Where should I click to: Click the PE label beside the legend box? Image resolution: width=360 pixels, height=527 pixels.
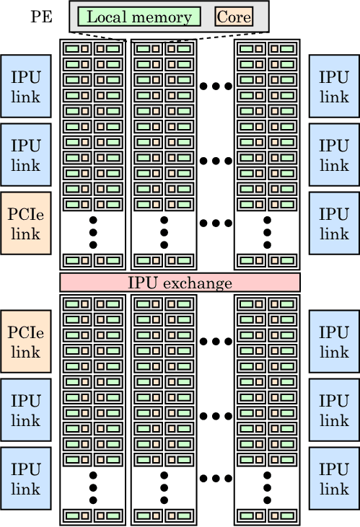[41, 17]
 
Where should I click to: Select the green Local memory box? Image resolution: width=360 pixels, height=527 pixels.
[139, 17]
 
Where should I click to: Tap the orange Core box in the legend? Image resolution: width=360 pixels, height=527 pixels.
[234, 17]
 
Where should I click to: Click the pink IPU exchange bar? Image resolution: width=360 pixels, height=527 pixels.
[180, 283]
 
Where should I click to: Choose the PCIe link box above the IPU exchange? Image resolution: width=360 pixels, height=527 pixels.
[26, 223]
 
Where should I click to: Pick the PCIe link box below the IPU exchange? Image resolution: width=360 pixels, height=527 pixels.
[26, 342]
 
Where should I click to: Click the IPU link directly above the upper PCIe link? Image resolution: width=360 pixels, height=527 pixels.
[26, 154]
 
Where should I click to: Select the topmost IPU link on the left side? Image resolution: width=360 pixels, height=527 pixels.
[26, 87]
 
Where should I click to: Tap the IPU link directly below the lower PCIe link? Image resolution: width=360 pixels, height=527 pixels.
[26, 410]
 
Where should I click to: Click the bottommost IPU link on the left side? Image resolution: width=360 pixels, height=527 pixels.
[26, 478]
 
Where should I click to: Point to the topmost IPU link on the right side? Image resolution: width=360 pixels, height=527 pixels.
[334, 87]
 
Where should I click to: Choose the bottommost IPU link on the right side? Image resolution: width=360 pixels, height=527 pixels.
[334, 478]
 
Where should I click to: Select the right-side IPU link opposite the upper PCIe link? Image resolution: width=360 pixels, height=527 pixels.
[334, 223]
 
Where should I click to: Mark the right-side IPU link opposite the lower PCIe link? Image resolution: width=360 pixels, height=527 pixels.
[334, 342]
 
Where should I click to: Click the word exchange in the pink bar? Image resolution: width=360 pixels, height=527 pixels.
[198, 283]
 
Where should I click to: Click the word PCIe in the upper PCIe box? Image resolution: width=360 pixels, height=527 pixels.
[25, 214]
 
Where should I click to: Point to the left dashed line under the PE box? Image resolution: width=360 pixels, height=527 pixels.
[98, 36]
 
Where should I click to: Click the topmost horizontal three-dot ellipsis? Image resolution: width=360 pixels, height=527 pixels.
[216, 87]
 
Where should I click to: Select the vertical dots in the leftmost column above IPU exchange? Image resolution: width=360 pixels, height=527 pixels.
[93, 233]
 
